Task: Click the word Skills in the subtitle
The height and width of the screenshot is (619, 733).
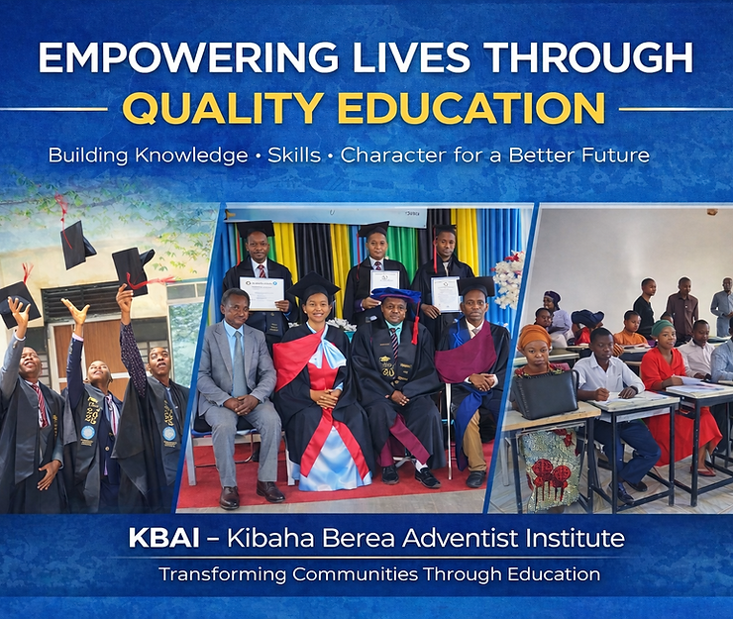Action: [x=294, y=155]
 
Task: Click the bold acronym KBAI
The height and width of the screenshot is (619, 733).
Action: [x=163, y=539]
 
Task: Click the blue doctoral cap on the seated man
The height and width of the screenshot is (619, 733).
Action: [x=395, y=295]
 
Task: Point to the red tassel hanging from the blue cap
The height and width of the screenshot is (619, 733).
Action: [x=415, y=323]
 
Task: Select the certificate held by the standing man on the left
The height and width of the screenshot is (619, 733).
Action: [x=262, y=293]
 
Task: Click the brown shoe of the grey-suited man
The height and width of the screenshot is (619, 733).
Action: [x=229, y=497]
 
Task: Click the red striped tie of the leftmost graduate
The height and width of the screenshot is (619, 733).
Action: [x=42, y=404]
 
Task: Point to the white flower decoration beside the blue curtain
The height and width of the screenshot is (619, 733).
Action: [x=508, y=278]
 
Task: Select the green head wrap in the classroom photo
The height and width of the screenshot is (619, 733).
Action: [x=663, y=327]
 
